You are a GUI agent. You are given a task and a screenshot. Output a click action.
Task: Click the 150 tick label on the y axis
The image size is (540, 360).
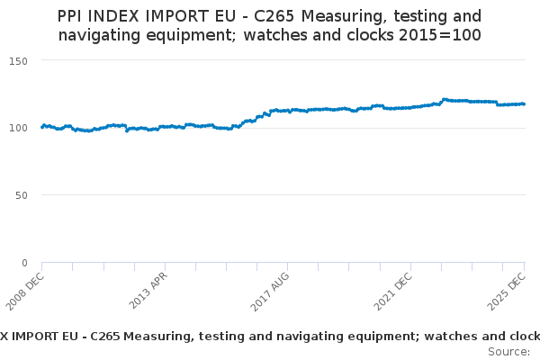[20, 60]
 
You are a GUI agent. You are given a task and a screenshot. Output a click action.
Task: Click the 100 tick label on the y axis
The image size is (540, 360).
[20, 128]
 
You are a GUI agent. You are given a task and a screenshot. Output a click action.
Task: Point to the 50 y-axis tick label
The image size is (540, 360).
[22, 195]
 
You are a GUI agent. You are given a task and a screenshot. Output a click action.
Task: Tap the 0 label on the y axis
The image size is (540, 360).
[26, 263]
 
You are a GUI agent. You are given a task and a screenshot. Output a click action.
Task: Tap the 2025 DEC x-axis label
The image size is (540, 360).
[511, 288]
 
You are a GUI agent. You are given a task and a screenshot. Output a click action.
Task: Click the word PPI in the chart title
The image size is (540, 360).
[74, 17]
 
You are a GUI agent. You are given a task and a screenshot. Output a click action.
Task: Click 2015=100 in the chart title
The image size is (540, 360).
[444, 36]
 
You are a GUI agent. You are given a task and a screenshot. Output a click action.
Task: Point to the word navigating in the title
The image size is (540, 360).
[99, 36]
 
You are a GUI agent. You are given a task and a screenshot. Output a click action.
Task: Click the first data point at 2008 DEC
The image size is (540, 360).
[42, 127]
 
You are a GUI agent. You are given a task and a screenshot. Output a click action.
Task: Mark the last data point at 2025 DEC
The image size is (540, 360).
[524, 103]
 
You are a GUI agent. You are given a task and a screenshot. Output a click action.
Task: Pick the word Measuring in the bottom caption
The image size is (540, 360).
[156, 336]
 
